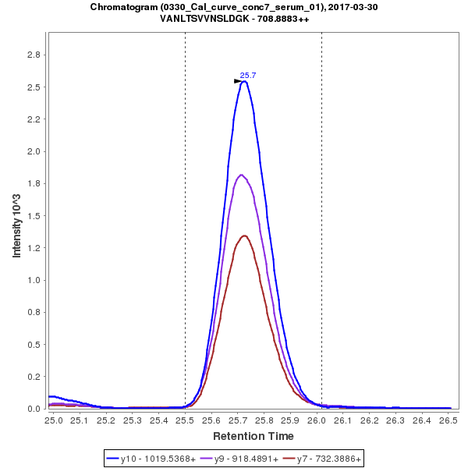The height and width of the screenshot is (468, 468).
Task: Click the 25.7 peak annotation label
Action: (x=248, y=76)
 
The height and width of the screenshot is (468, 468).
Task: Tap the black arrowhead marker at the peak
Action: (x=239, y=81)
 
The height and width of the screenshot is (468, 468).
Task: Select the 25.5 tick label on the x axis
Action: (x=185, y=420)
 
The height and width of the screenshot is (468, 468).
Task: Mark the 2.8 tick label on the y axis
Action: (x=34, y=55)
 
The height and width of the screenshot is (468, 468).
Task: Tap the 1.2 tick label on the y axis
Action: (x=34, y=248)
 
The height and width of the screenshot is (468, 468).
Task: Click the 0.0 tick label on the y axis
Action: (x=34, y=409)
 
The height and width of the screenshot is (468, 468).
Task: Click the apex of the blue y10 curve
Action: (x=244, y=81)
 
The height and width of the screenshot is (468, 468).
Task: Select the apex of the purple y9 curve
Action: (x=242, y=175)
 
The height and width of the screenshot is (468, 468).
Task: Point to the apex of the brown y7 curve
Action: (x=245, y=236)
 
